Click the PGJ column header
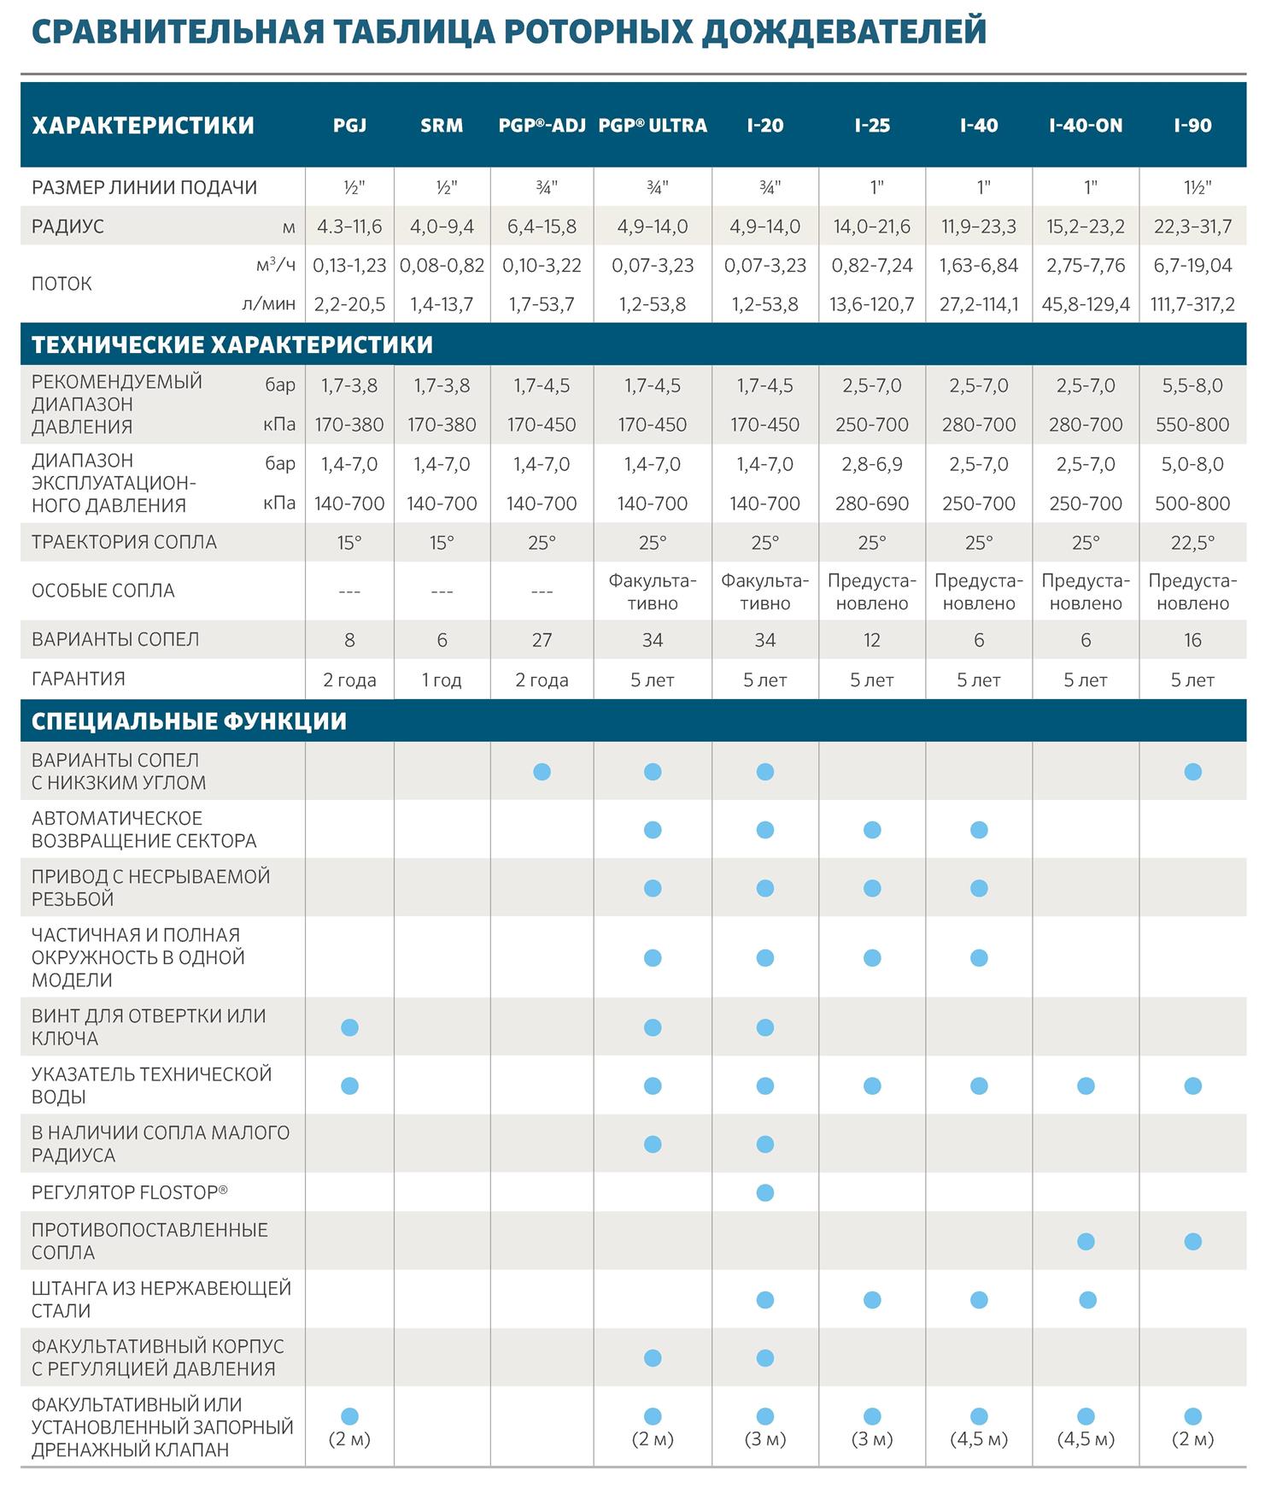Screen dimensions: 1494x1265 pyautogui.click(x=349, y=126)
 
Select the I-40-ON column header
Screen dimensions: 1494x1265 pyautogui.click(x=1086, y=126)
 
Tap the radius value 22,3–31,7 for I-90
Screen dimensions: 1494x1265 pyautogui.click(x=1192, y=226)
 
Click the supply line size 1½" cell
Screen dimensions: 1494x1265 pyautogui.click(x=1192, y=187)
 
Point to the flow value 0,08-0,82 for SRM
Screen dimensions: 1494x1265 pyautogui.click(x=442, y=266)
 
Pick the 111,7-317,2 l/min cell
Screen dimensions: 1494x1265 pyautogui.click(x=1192, y=304)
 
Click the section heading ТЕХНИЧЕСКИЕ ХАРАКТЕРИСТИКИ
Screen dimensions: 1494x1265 pyautogui.click(x=232, y=344)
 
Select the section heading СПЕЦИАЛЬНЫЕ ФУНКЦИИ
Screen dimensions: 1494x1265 pyautogui.click(x=189, y=721)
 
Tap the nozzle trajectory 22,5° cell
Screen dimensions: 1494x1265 pyautogui.click(x=1192, y=543)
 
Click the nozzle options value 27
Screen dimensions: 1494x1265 pyautogui.click(x=542, y=640)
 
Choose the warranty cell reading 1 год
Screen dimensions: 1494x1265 pyautogui.click(x=442, y=680)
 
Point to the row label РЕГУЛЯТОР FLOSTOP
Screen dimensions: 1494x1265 pyautogui.click(x=130, y=1191)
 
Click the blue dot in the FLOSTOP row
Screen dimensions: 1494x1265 pyautogui.click(x=765, y=1192)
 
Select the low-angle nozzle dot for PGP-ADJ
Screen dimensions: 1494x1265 pyautogui.click(x=542, y=772)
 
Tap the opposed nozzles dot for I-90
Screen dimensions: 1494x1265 pyautogui.click(x=1193, y=1241)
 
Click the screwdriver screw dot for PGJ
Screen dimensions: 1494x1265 pyautogui.click(x=349, y=1027)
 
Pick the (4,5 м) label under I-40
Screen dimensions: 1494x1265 pyautogui.click(x=979, y=1439)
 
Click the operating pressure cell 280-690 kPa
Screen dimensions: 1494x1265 pyautogui.click(x=872, y=503)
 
